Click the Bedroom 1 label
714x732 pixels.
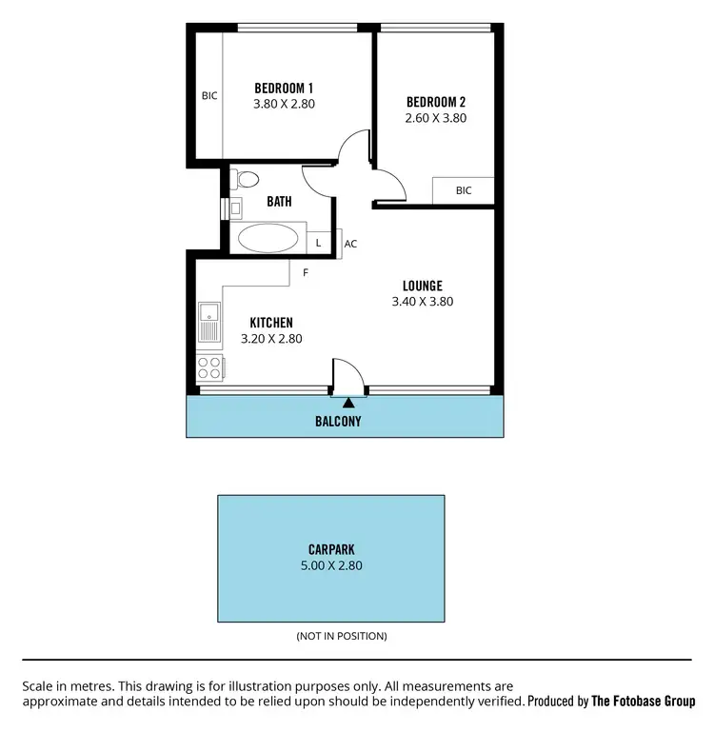pos(284,88)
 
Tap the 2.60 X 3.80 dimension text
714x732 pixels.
pos(436,118)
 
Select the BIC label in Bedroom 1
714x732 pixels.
pos(209,95)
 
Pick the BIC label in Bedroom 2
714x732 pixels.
pos(464,190)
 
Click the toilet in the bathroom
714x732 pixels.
pos(247,178)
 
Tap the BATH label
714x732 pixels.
pos(279,202)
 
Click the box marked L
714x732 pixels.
pos(319,244)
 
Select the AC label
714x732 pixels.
pos(350,244)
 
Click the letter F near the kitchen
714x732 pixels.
pos(305,273)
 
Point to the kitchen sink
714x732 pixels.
pos(208,322)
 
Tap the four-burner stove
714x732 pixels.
pos(209,368)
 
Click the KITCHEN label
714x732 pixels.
pos(270,323)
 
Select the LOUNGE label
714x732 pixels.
pos(422,286)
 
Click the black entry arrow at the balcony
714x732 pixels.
pos(347,404)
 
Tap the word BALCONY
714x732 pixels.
pos(338,420)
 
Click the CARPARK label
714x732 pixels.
pos(331,549)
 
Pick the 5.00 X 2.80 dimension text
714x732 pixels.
pos(331,565)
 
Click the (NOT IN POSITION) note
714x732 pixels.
pos(342,636)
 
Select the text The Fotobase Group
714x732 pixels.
pos(644,701)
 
